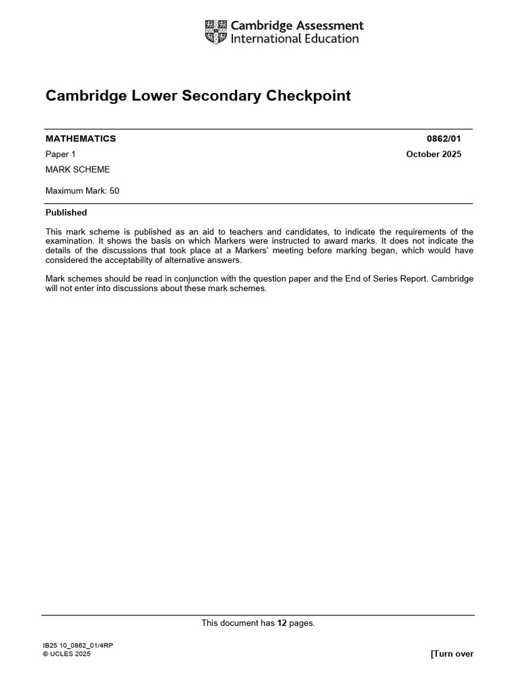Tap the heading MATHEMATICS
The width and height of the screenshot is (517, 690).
coord(81,139)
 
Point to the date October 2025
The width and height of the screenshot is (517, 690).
coord(434,154)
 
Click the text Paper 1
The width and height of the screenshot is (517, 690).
coord(61,154)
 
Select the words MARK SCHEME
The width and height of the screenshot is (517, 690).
coord(77,170)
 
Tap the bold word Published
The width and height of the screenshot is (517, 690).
coord(66,213)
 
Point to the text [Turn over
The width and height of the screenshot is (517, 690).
coord(452,654)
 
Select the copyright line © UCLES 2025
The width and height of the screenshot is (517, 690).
coord(66,654)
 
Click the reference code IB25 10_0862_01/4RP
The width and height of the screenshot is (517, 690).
coord(77,646)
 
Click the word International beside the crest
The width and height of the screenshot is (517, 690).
coord(265,39)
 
